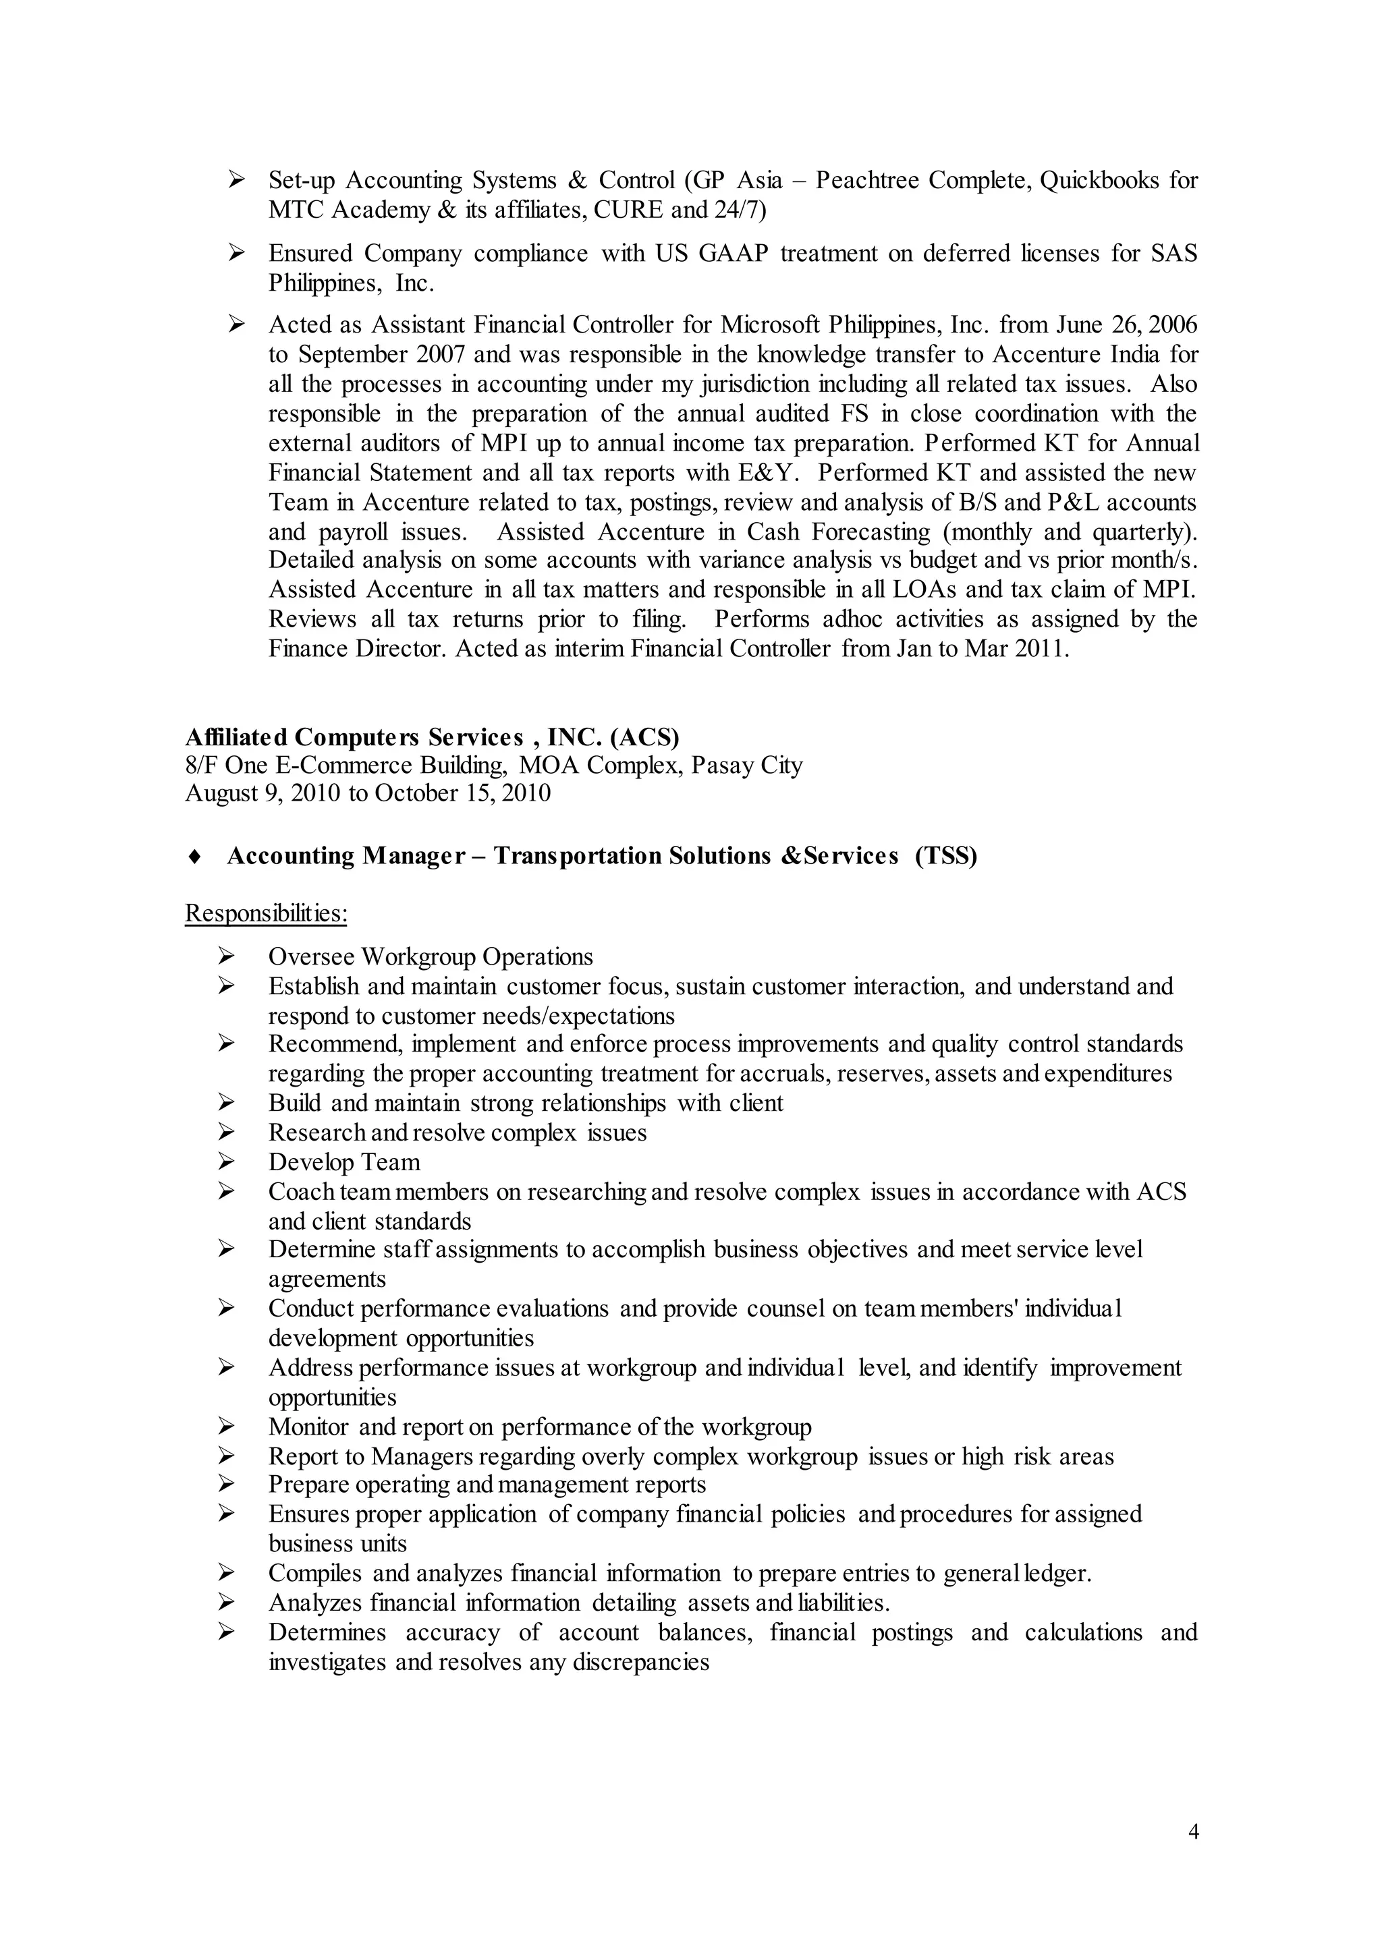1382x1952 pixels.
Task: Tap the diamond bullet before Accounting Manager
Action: click(x=194, y=857)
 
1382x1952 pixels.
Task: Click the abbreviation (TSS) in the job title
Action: click(x=946, y=856)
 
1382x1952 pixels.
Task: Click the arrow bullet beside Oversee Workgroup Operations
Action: click(x=225, y=957)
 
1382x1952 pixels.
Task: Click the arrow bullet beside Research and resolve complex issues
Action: click(x=225, y=1133)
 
